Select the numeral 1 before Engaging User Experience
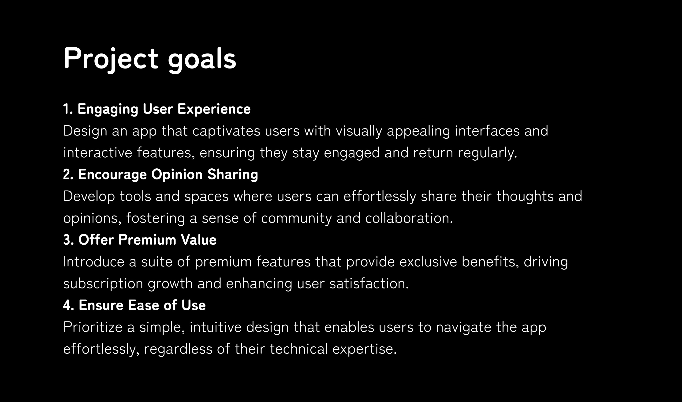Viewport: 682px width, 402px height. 66,109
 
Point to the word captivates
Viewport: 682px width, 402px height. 226,131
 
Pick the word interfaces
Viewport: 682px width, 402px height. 487,131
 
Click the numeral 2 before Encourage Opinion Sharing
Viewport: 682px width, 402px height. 67,174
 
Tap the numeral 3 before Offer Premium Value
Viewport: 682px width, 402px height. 67,240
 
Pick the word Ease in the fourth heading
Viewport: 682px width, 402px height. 143,305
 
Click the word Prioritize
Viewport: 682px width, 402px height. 93,327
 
